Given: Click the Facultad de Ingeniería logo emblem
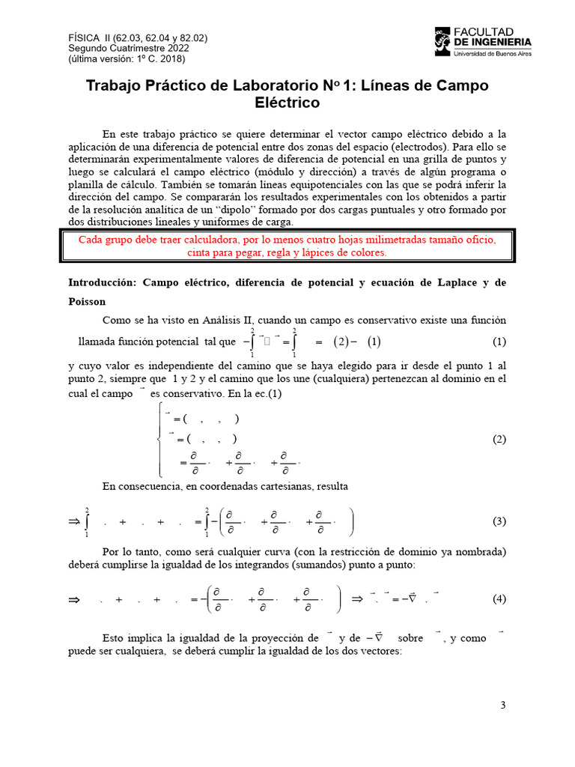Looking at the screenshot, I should pyautogui.click(x=443, y=41).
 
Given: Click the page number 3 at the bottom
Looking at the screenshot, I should pyautogui.click(x=503, y=705).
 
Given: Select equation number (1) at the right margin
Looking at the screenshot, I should pyautogui.click(x=499, y=342).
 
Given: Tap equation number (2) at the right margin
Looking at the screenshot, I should pyautogui.click(x=499, y=440).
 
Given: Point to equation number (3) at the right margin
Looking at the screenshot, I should pyautogui.click(x=499, y=521).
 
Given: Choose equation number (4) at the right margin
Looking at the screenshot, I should pyautogui.click(x=499, y=599).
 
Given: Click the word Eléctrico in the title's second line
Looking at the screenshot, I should pyautogui.click(x=287, y=103).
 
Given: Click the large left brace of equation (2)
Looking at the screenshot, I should pyautogui.click(x=159, y=439).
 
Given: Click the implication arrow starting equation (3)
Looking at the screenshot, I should pyautogui.click(x=73, y=521).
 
